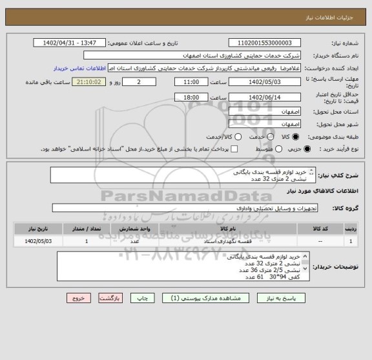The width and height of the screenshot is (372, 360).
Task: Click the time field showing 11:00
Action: [x=191, y=83]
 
